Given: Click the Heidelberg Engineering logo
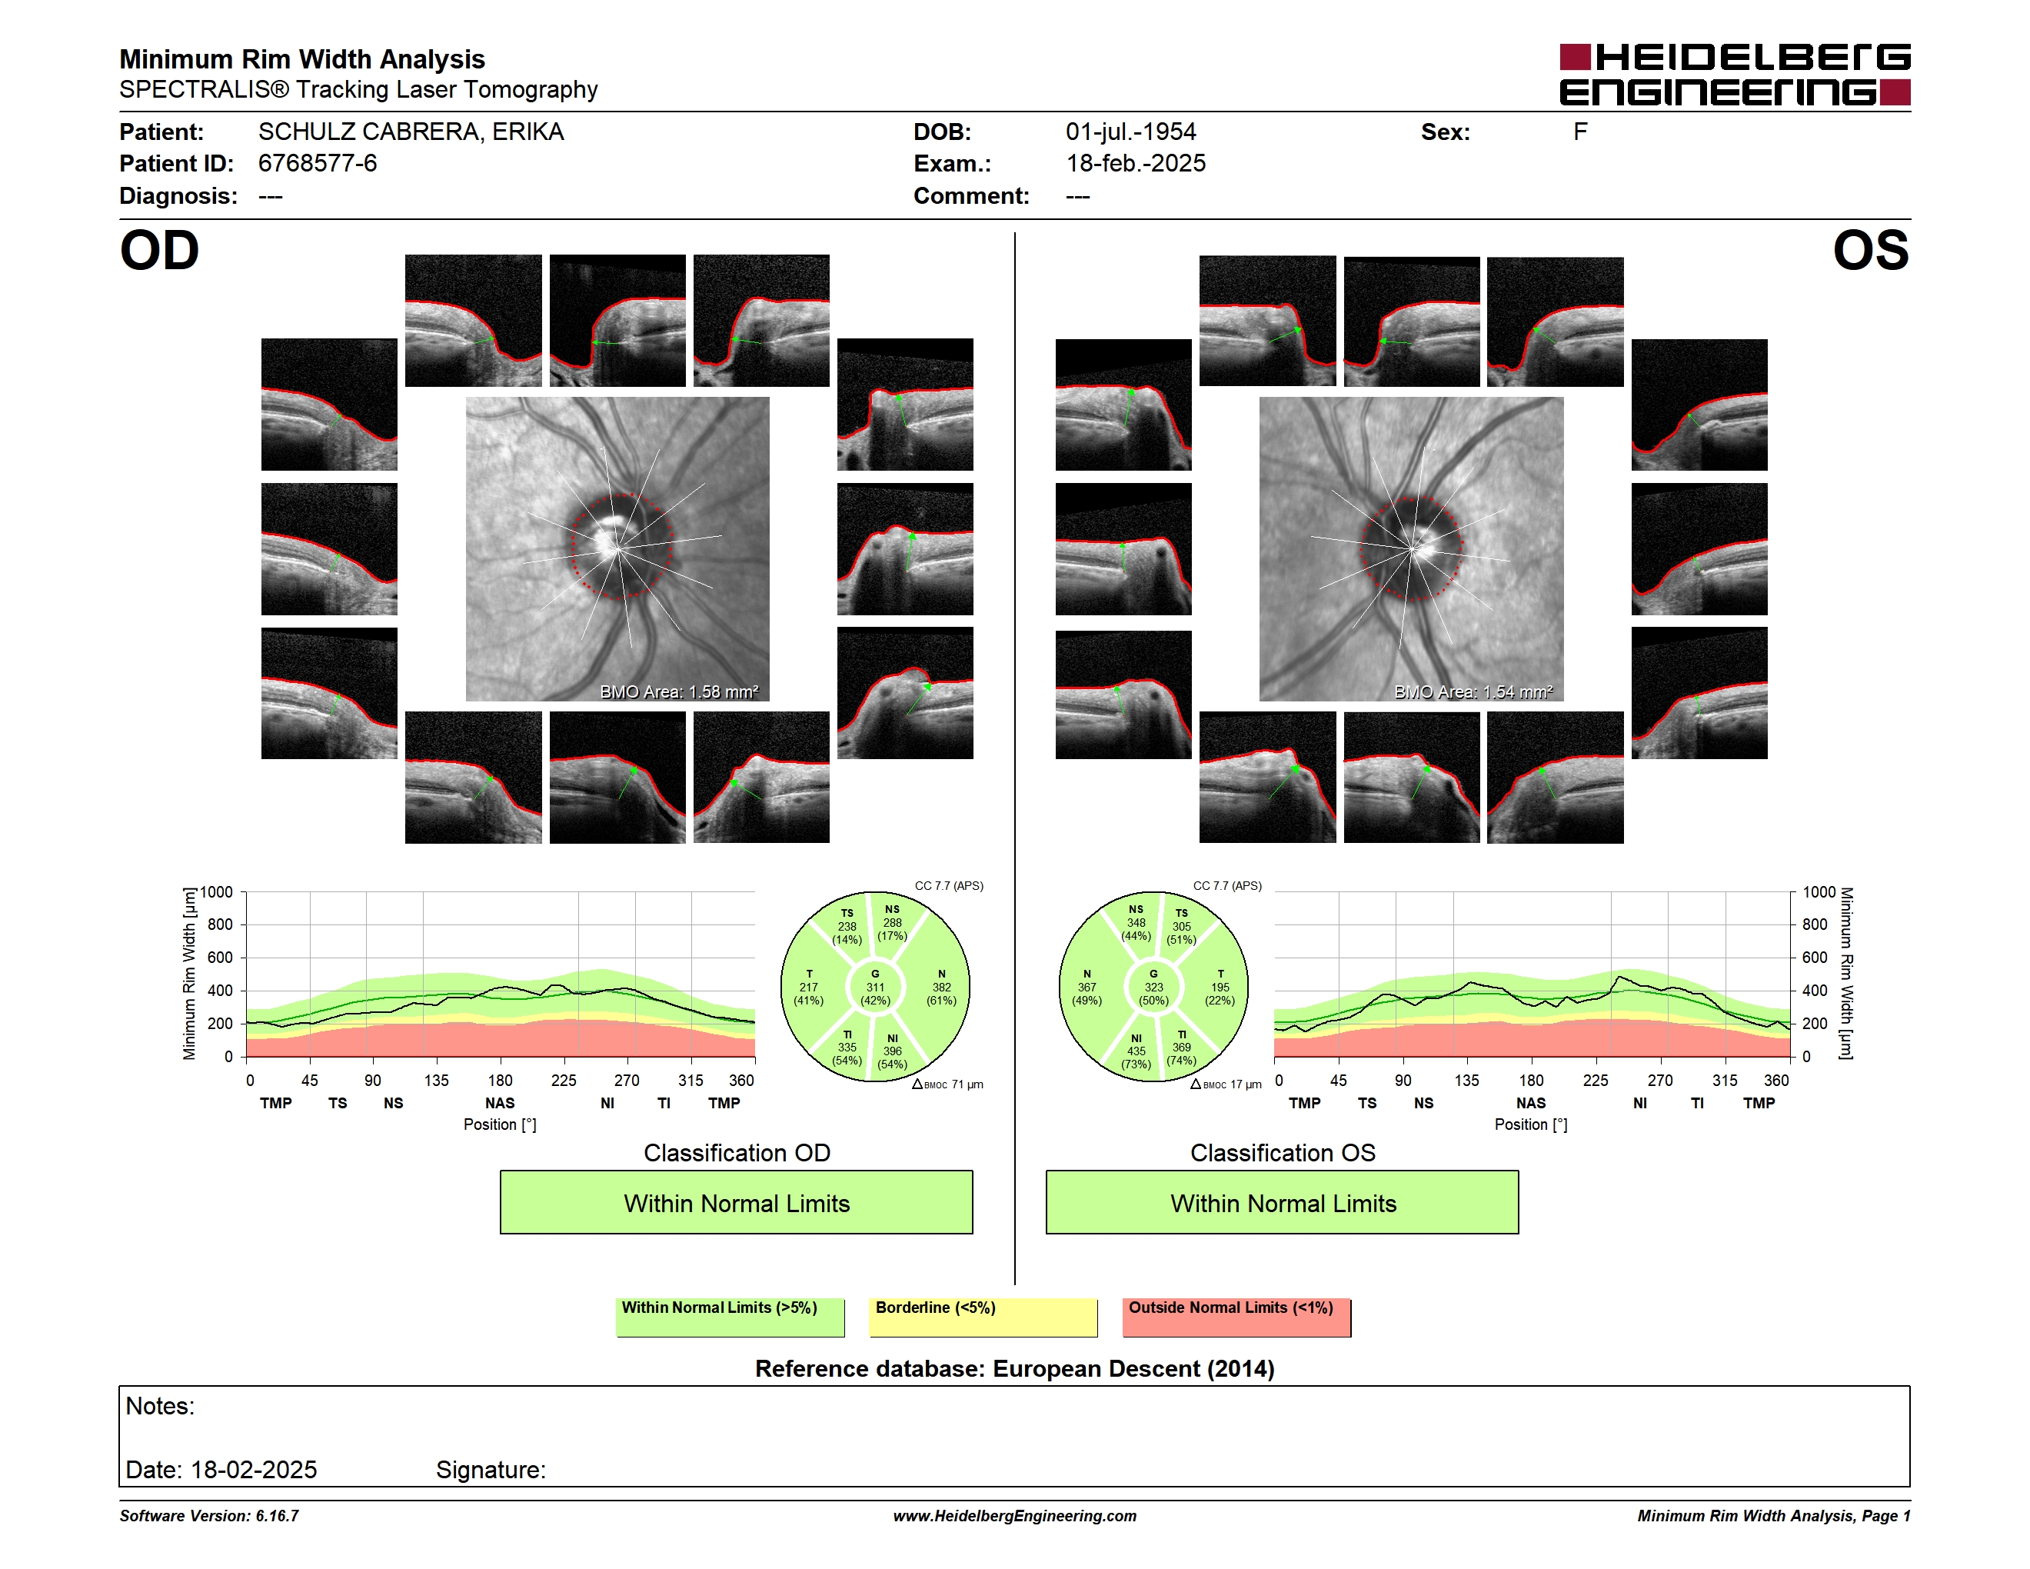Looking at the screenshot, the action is pyautogui.click(x=1735, y=75).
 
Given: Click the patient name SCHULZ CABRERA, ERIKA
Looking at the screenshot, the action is pyautogui.click(x=411, y=132).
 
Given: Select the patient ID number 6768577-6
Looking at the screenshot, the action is pyautogui.click(x=318, y=164).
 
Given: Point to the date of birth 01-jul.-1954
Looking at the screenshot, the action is pyautogui.click(x=1130, y=132).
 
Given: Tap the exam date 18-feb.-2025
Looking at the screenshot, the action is pyautogui.click(x=1135, y=164).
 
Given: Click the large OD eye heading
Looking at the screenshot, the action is pyautogui.click(x=159, y=251).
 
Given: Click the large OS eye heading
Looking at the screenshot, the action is pyautogui.click(x=1870, y=251).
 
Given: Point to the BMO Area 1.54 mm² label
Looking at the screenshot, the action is pyautogui.click(x=1473, y=691).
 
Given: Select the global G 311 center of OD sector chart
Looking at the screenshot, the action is pyautogui.click(x=874, y=987).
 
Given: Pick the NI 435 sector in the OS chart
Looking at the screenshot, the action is pyautogui.click(x=1136, y=1051).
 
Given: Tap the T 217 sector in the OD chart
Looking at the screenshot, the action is pyautogui.click(x=809, y=987).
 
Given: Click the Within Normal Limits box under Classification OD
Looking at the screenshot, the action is pyautogui.click(x=736, y=1203).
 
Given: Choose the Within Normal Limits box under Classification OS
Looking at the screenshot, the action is pyautogui.click(x=1283, y=1203).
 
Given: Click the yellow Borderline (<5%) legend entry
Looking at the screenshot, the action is pyautogui.click(x=983, y=1317).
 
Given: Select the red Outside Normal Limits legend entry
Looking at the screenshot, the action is pyautogui.click(x=1236, y=1317).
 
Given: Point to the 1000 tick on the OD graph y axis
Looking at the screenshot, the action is pyautogui.click(x=217, y=892).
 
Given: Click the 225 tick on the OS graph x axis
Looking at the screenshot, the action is pyautogui.click(x=1595, y=1080).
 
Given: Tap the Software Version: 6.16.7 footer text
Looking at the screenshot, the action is pyautogui.click(x=209, y=1516).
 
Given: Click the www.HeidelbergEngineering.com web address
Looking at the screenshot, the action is pyautogui.click(x=1015, y=1516).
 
